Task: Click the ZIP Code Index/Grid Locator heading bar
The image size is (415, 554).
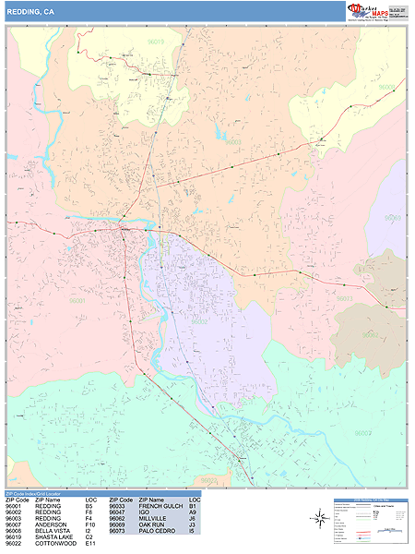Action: tap(37, 494)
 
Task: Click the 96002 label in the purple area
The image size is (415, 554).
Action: tap(198, 322)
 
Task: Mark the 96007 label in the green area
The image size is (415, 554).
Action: tap(362, 431)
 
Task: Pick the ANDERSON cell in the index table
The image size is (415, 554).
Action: tap(52, 525)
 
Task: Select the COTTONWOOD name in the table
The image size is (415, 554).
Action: tap(56, 545)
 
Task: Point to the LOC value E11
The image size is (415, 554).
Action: tap(90, 545)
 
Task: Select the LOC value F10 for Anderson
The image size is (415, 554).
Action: tap(90, 525)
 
